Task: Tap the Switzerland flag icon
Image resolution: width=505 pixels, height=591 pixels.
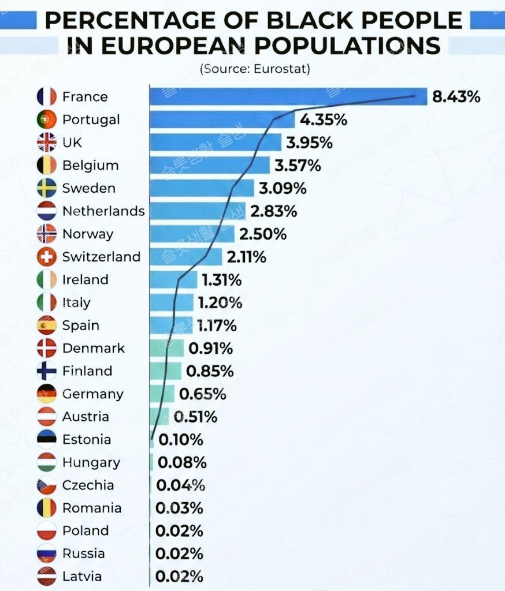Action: click(46, 257)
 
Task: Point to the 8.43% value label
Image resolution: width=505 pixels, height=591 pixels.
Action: click(456, 96)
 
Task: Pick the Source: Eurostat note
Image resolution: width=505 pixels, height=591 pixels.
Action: click(255, 69)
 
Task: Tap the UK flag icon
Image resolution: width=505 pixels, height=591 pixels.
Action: click(46, 143)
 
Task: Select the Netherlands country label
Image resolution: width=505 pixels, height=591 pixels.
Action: click(103, 211)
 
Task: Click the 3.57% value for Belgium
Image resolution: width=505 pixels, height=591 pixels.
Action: click(298, 166)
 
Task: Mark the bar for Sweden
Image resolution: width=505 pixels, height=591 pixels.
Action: click(202, 188)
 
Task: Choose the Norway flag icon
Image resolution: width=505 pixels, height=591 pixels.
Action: click(46, 234)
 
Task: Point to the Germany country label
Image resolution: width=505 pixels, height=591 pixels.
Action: click(92, 394)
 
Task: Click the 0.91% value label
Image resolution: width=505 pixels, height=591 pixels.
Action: click(210, 349)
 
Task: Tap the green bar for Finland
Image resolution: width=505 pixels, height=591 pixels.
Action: click(165, 371)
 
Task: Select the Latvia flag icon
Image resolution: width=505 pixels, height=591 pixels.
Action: click(46, 577)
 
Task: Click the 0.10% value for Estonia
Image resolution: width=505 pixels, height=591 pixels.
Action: click(180, 440)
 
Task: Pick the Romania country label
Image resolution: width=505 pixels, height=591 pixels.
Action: click(92, 508)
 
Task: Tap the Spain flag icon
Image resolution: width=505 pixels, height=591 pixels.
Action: click(46, 326)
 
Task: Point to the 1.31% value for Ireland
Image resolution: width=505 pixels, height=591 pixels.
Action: click(221, 280)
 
